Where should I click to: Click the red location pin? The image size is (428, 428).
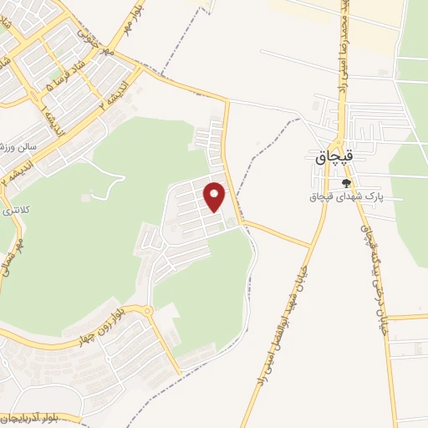click(215, 196)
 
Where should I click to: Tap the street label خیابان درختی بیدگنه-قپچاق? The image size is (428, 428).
click(374, 251)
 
